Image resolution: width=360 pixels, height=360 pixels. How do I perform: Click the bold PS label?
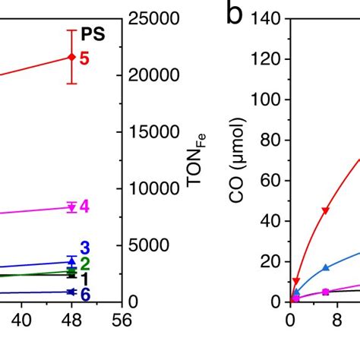(x=93, y=34)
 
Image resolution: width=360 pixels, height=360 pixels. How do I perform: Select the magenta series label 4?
(x=84, y=207)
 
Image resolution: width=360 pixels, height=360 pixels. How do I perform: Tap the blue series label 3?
(x=85, y=248)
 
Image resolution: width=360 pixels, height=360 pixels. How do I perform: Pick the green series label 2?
(x=85, y=264)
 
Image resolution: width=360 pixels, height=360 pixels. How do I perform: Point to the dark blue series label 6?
(x=85, y=294)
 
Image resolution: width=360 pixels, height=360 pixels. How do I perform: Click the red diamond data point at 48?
(x=71, y=57)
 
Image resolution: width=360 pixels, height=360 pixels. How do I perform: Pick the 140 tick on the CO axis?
(x=268, y=19)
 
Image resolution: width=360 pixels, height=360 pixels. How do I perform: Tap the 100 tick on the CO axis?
(x=268, y=99)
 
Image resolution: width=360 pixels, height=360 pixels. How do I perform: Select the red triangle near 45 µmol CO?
(x=326, y=210)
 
